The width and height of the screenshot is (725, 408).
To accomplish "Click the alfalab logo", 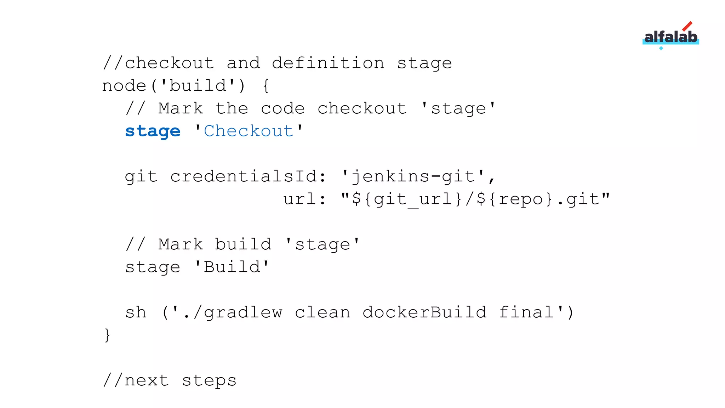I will [670, 36].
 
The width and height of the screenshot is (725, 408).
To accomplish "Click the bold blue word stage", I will [153, 131].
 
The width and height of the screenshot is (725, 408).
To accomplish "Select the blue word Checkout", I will [249, 131].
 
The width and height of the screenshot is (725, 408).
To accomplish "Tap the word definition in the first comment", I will [328, 63].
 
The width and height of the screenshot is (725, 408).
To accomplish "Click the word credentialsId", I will [244, 176].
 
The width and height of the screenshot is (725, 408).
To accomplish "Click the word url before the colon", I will [299, 199].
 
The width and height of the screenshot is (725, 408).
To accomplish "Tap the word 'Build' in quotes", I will [232, 267].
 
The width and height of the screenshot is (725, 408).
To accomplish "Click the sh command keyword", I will [136, 312].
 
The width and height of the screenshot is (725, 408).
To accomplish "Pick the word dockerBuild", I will [424, 312].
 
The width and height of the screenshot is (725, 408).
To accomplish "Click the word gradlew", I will [243, 312].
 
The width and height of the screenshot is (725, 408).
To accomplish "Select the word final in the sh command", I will [526, 312].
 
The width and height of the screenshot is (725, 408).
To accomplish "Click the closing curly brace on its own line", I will [107, 335].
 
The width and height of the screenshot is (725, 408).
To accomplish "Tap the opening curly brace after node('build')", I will [266, 86].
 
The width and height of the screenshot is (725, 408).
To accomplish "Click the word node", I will [124, 86].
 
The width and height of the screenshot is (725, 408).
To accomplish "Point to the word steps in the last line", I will [209, 380].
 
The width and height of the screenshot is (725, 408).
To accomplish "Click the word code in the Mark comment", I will [282, 108].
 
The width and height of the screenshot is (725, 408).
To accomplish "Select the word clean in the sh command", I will [322, 312].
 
